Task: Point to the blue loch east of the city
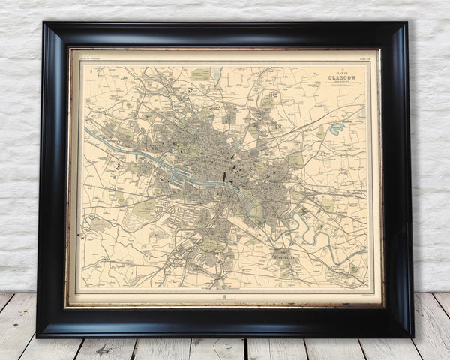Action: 335,128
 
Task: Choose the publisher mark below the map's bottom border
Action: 225,297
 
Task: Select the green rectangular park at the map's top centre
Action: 201,74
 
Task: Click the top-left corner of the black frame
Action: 45,25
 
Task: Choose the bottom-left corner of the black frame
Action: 39,334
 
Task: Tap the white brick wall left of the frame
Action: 19,150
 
